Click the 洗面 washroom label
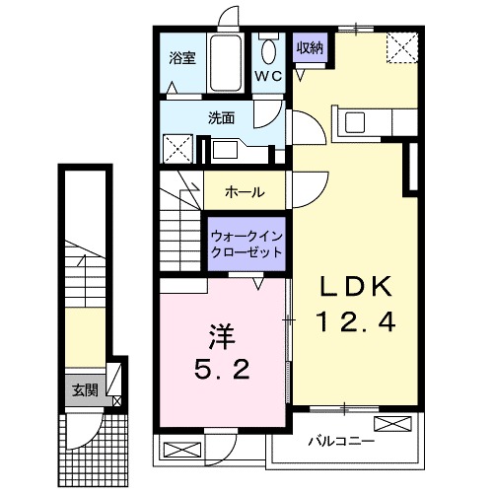pyautogui.click(x=220, y=116)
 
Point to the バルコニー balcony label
pyautogui.click(x=339, y=440)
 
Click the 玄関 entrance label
pyautogui.click(x=85, y=389)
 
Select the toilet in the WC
pyautogui.click(x=269, y=49)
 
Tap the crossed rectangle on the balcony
pyautogui.click(x=390, y=425)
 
